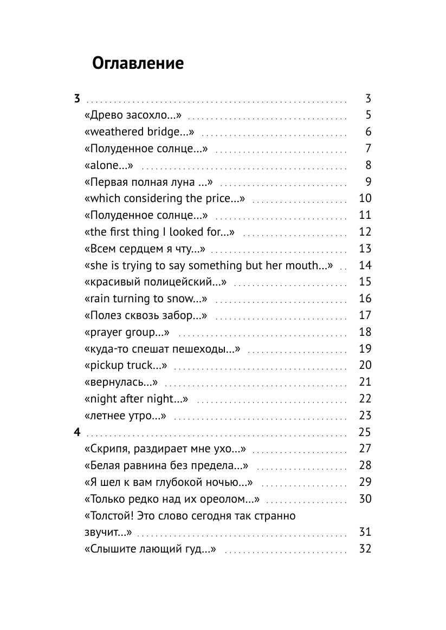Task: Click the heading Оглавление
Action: pyautogui.click(x=138, y=64)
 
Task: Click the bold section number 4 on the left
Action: pyautogui.click(x=77, y=432)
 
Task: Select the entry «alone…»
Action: pyautogui.click(x=109, y=165)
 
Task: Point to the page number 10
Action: pyautogui.click(x=365, y=198)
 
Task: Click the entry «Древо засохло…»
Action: pyautogui.click(x=133, y=115)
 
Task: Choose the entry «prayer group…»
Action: pyautogui.click(x=127, y=332)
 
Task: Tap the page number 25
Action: pyautogui.click(x=365, y=432)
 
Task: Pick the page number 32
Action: pyautogui.click(x=365, y=549)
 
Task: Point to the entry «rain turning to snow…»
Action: pyautogui.click(x=146, y=298)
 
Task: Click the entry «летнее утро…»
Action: pyautogui.click(x=125, y=415)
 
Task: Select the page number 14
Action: pyautogui.click(x=365, y=265)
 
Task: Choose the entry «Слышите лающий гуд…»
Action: pyautogui.click(x=151, y=549)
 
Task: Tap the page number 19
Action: pyautogui.click(x=365, y=349)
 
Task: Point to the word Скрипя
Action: pyautogui.click(x=108, y=449)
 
